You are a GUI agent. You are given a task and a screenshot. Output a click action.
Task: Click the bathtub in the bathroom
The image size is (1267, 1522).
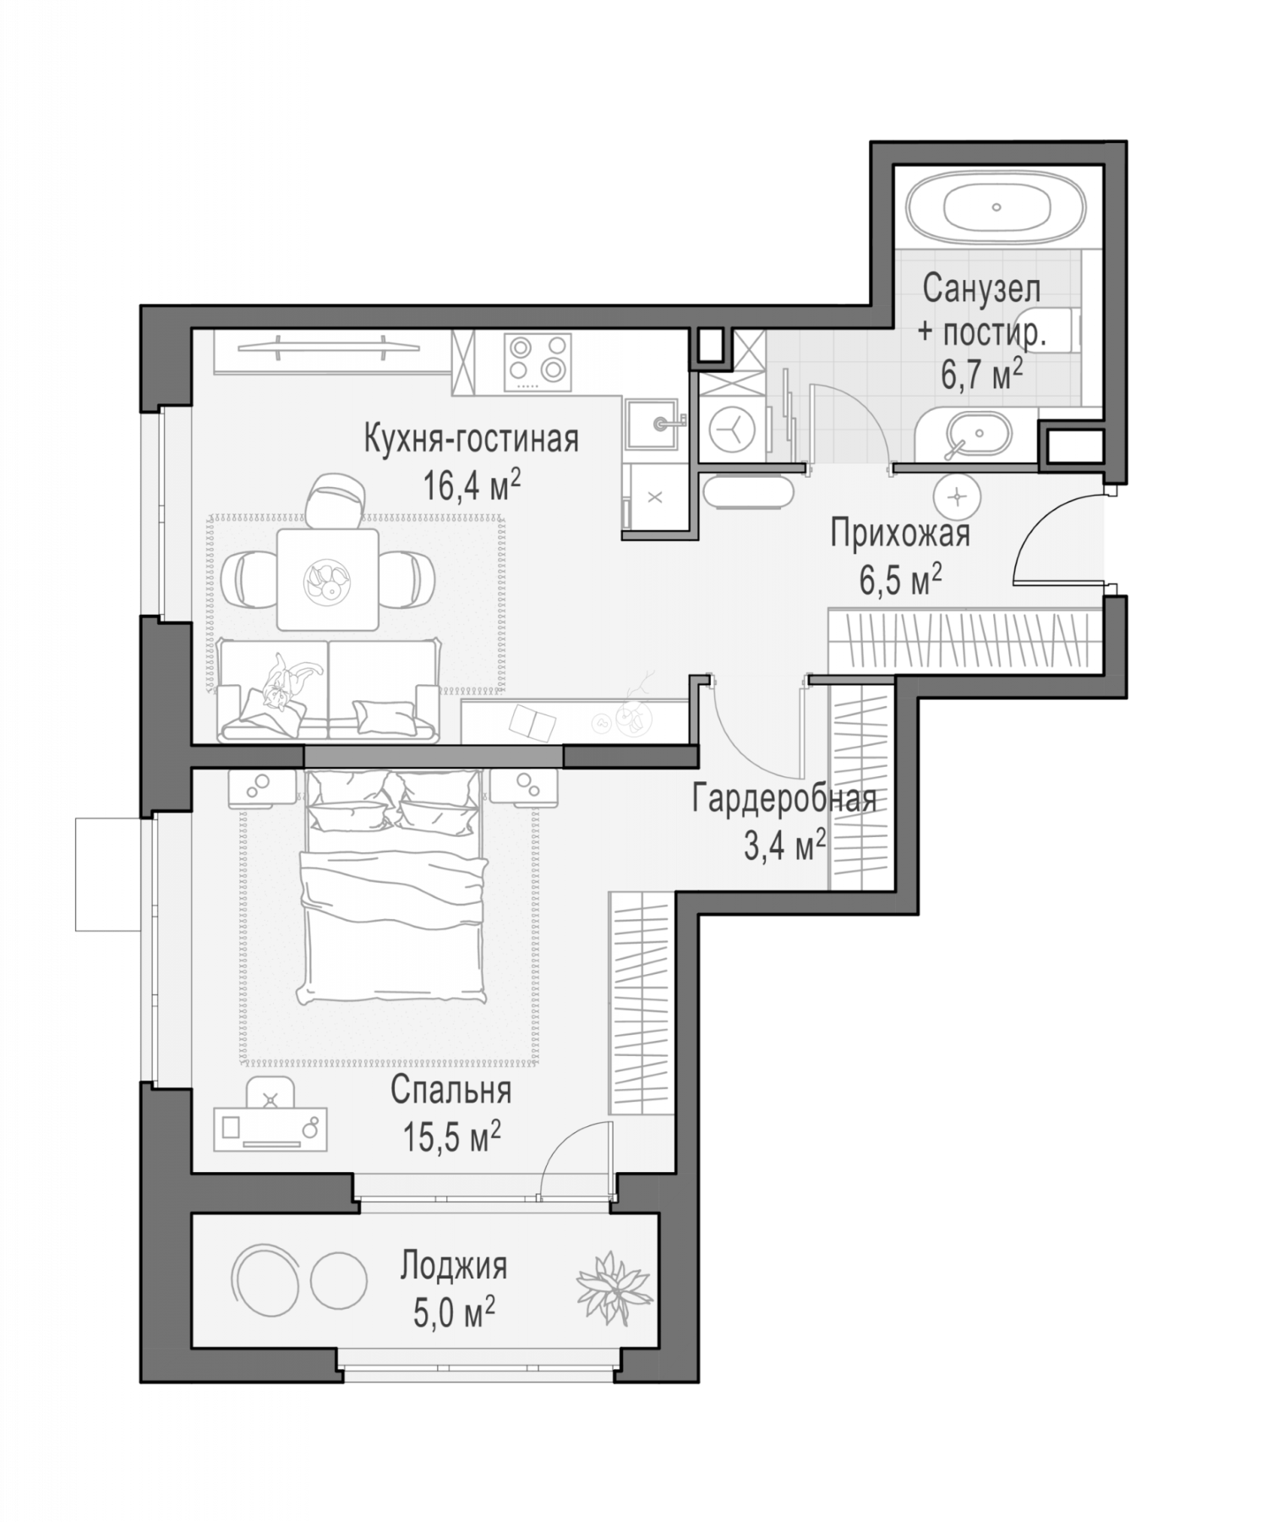[997, 207]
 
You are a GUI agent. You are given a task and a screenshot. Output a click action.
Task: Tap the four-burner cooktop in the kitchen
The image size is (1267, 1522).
[538, 361]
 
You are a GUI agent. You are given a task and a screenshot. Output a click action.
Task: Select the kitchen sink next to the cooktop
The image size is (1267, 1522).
[654, 427]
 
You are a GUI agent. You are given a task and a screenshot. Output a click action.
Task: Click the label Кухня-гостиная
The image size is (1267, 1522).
[471, 440]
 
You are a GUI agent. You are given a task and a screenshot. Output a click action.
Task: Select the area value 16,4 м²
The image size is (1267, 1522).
[472, 485]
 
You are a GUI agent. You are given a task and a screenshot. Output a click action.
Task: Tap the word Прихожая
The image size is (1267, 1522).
[900, 534]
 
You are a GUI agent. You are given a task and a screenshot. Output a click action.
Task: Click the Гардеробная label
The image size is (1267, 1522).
[784, 799]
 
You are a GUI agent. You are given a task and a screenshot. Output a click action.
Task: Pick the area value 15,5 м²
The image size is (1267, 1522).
[451, 1136]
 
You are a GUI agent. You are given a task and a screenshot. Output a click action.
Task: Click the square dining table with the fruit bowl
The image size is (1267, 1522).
[327, 579]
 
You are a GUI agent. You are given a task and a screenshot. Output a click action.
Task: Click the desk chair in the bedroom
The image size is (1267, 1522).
[270, 1094]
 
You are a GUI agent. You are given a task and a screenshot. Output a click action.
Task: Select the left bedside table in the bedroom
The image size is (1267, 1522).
[263, 786]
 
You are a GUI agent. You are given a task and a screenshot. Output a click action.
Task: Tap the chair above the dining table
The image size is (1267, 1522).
[336, 501]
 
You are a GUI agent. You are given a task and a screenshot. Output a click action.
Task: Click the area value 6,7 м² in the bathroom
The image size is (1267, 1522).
[982, 374]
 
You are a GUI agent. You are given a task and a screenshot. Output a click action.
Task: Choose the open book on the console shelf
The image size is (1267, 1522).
[532, 720]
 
